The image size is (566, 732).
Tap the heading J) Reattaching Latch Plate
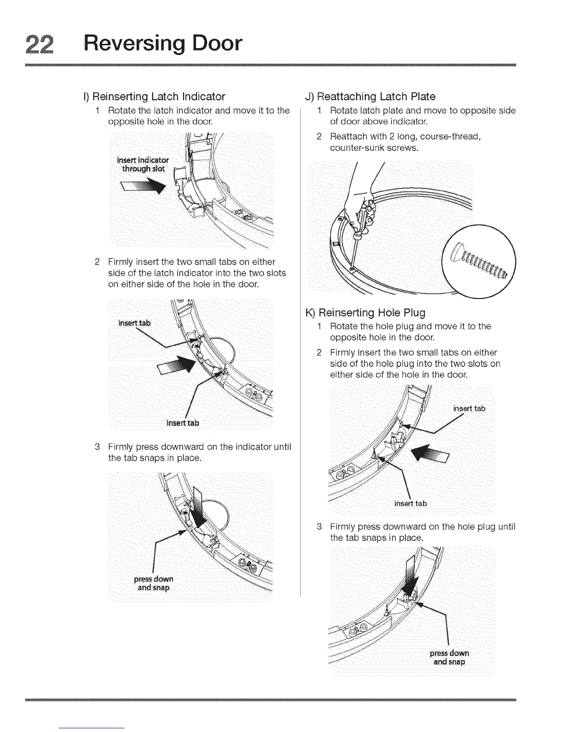370,97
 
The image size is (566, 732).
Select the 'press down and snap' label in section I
154,583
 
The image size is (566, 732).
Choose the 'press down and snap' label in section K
449,658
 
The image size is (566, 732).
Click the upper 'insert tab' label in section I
135,323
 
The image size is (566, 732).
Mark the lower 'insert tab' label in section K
410,503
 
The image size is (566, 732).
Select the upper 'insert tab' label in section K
469,408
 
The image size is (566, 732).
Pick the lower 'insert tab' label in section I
183,423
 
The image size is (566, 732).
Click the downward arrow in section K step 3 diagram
408,578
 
